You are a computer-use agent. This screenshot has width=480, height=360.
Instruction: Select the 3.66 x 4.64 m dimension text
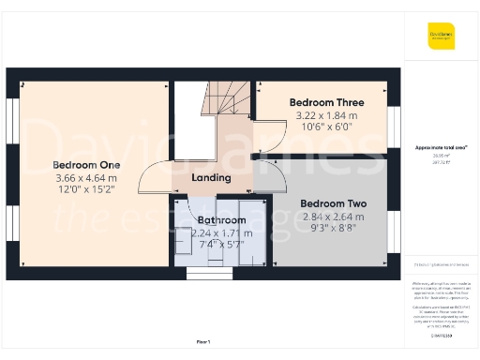tap(85, 178)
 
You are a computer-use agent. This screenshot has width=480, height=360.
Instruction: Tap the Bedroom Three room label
tap(325, 101)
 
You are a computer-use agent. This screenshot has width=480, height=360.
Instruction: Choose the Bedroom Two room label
tap(333, 203)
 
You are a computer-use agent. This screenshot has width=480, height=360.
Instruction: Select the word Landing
tap(211, 178)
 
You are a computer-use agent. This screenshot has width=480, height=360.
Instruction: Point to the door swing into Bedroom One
tap(155, 178)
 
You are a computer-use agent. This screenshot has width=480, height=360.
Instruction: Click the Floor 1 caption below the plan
tap(203, 341)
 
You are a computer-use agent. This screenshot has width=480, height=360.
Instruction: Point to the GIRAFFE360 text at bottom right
tap(442, 335)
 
